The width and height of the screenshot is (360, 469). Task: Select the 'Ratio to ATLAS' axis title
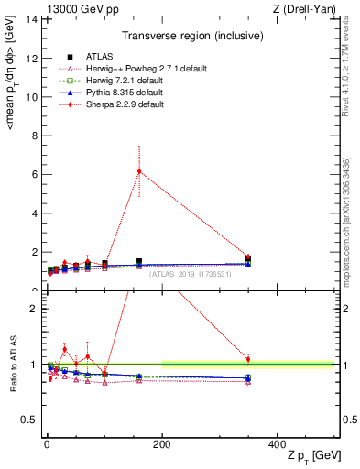[11, 364]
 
